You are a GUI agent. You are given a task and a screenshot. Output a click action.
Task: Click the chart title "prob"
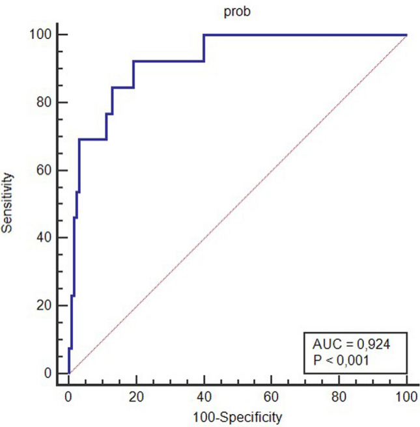(x=237, y=12)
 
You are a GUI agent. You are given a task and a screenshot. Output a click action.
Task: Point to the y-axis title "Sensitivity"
(x=7, y=203)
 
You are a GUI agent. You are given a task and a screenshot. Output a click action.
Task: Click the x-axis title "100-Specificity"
(x=238, y=417)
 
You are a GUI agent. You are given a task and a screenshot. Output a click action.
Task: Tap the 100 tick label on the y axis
(x=40, y=34)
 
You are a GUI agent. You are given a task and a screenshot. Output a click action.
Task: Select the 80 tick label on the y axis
(x=44, y=102)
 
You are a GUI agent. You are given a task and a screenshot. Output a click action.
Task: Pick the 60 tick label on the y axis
(x=44, y=170)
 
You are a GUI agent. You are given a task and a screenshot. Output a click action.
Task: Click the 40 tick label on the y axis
(x=44, y=238)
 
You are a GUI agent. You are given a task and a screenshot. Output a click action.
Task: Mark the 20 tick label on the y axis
(x=44, y=305)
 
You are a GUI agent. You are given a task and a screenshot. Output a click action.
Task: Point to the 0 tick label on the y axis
(x=48, y=373)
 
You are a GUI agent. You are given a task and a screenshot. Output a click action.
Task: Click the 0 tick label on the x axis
(x=68, y=397)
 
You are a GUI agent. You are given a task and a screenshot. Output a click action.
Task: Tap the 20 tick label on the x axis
(x=136, y=397)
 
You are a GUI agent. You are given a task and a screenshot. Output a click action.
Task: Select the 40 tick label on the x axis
(x=204, y=397)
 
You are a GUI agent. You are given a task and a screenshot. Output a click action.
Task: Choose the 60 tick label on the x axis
(x=272, y=397)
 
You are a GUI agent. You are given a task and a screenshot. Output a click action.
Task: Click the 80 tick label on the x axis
(x=339, y=397)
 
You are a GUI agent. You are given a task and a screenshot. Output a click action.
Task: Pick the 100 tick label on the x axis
(x=406, y=397)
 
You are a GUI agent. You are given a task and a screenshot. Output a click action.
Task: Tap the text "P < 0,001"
(x=341, y=361)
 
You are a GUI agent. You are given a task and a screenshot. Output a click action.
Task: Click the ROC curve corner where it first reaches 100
(x=204, y=35)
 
